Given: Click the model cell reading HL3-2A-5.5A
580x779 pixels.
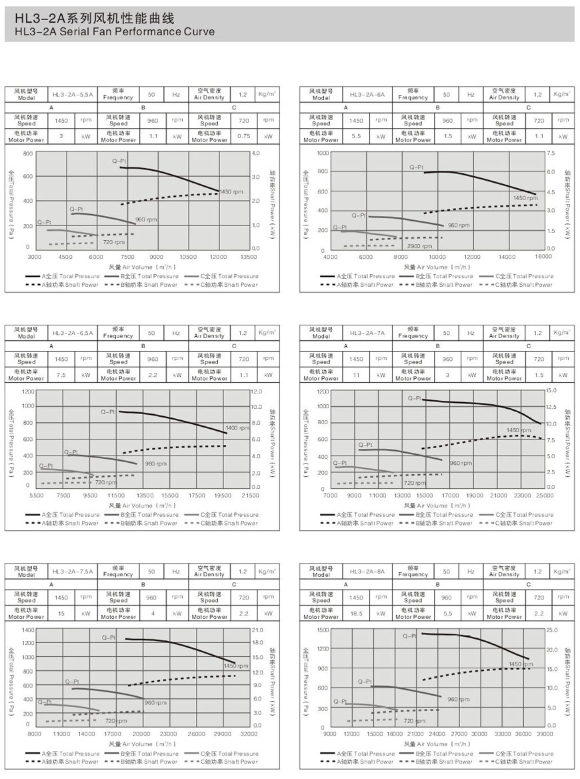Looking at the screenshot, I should [x=74, y=95].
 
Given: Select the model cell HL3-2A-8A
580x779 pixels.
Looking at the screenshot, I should [x=369, y=572].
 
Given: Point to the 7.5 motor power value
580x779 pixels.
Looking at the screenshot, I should [x=61, y=375].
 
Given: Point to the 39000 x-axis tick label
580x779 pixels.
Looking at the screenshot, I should [x=545, y=734].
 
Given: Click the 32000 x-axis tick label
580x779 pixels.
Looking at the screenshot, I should [x=248, y=734].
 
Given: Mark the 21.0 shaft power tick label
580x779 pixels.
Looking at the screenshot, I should [x=257, y=630].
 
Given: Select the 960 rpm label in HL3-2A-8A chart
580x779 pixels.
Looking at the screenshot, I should [x=458, y=699].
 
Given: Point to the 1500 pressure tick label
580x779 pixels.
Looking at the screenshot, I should [x=322, y=630].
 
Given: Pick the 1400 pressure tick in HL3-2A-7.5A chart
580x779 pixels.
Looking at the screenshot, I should [x=27, y=630].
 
